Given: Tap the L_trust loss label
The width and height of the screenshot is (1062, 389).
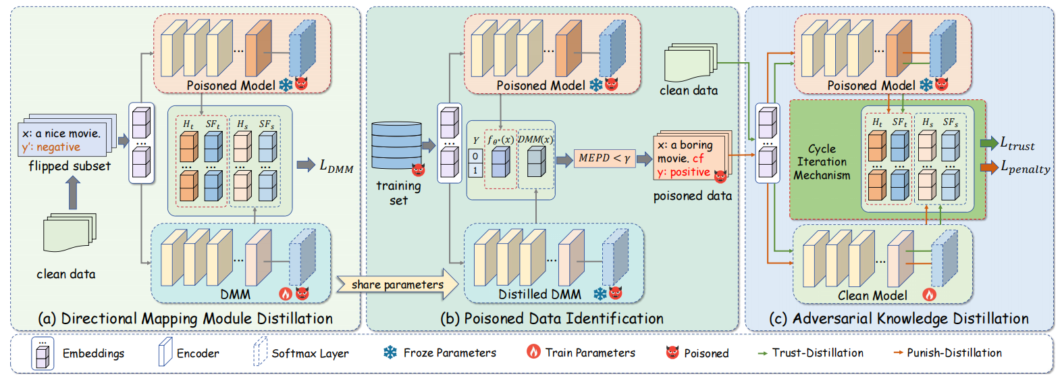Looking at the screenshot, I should pyautogui.click(x=1017, y=143).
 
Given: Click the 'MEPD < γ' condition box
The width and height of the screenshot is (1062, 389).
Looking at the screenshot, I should pyautogui.click(x=604, y=158).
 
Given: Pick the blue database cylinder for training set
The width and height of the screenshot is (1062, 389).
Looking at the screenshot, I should pyautogui.click(x=396, y=145).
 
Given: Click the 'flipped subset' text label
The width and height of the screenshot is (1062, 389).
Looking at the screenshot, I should pyautogui.click(x=70, y=166).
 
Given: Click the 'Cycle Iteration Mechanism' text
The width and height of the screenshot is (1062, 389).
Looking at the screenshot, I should pyautogui.click(x=822, y=162).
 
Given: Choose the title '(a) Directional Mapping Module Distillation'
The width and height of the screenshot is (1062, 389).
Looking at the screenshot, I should pyautogui.click(x=186, y=318).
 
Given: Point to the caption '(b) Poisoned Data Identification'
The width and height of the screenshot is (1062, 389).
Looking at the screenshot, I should pyautogui.click(x=552, y=318).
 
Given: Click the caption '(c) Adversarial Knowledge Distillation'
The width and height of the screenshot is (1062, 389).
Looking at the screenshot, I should pyautogui.click(x=899, y=318).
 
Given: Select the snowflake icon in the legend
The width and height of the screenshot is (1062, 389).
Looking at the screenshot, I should pyautogui.click(x=390, y=353).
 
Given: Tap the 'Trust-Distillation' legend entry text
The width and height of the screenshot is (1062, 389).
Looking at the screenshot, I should pyautogui.click(x=818, y=353).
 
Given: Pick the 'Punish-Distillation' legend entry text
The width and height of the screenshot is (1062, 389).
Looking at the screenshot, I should pyautogui.click(x=954, y=353).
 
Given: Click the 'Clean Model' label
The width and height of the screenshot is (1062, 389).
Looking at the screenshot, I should pyautogui.click(x=872, y=295).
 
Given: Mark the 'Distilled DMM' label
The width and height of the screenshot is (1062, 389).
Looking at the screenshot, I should pyautogui.click(x=539, y=294).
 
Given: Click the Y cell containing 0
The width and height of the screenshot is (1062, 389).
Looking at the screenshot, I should pyautogui.click(x=475, y=157).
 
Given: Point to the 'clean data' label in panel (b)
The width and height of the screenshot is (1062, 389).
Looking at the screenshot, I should pyautogui.click(x=689, y=90).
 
